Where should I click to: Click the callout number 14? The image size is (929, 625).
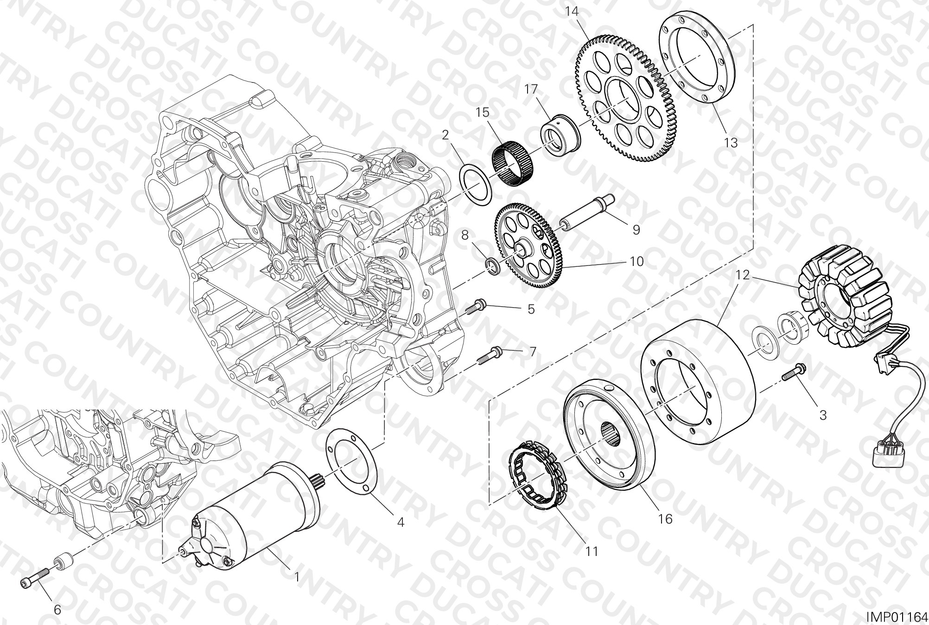(572, 12)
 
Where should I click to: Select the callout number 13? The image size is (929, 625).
(731, 143)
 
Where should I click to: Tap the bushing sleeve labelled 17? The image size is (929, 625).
(561, 135)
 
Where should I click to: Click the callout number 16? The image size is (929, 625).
(665, 519)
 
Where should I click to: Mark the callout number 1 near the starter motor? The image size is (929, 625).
(297, 577)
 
